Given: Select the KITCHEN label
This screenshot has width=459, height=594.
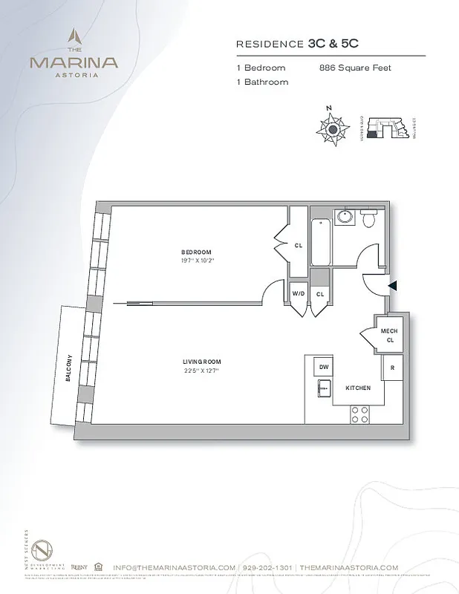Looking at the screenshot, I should point(359,388).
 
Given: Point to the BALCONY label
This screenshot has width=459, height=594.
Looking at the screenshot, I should point(68,368).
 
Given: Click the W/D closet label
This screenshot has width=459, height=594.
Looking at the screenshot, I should point(299,294).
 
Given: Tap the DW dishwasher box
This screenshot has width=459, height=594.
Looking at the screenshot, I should point(324,368).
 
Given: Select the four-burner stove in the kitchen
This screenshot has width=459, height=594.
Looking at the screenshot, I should point(360,414).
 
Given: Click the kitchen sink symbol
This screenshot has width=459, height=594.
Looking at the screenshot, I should point(324,388).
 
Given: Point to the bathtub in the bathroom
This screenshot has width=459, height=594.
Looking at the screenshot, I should point(321,242).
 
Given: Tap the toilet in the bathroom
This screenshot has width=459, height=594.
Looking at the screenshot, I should point(369,218).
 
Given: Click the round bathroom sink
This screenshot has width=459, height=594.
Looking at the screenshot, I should point(344,218).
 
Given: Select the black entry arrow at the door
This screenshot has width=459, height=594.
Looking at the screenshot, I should point(393,285).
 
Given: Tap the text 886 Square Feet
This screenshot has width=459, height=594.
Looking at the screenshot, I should point(355,68).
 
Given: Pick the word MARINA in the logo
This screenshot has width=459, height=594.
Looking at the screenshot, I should point(73,62).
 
